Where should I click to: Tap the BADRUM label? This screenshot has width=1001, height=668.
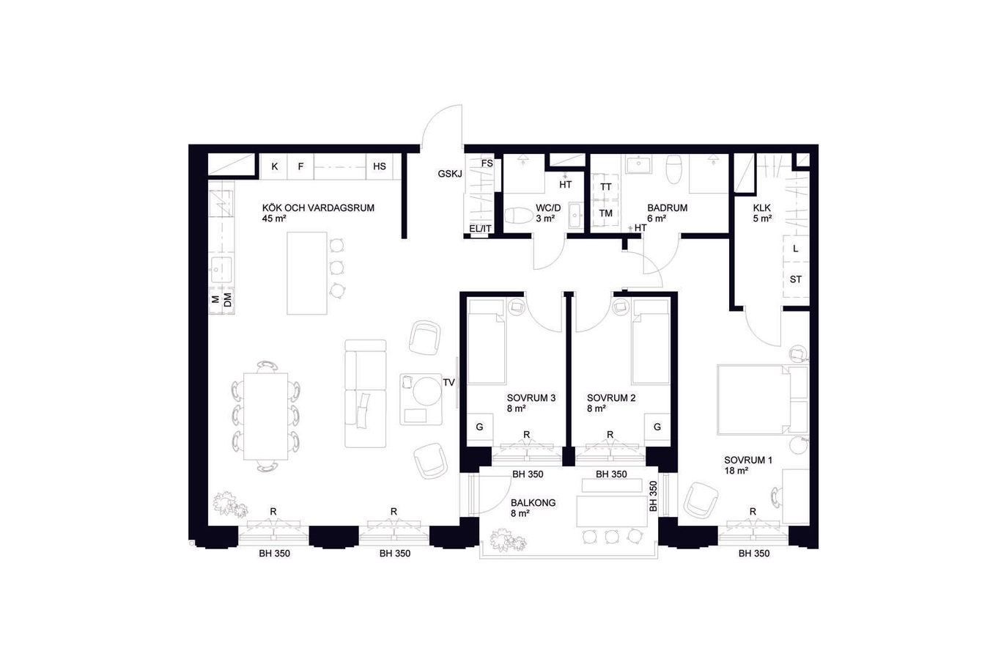pos(667,208)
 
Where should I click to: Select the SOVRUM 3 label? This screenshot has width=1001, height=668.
pos(531,398)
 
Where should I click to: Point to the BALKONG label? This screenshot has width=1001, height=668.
pos(533,502)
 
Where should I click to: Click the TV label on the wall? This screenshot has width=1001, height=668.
pos(448,383)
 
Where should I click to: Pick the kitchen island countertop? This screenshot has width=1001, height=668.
pos(307,274)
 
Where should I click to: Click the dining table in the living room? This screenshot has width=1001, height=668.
pos(265,416)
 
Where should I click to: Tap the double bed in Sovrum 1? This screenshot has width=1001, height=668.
pos(763,400)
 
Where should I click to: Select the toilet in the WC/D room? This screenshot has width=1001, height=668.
pos(519,215)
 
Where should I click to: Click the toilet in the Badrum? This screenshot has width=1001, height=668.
pos(674,169)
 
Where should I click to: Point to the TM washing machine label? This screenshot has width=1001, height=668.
pos(605,213)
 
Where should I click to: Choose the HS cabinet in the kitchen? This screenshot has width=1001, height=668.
pos(380,166)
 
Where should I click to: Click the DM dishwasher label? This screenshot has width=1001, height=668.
pos(228,300)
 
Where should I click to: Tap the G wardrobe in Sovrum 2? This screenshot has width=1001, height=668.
pos(657,427)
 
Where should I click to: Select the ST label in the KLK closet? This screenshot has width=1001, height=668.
pos(795,280)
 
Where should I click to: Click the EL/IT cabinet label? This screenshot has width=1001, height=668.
pos(481,229)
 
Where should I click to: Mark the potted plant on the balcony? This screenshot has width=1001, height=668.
pos(508,540)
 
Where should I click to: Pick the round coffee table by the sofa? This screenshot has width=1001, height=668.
pos(427,392)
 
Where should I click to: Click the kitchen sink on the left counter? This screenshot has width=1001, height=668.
pos(221,270)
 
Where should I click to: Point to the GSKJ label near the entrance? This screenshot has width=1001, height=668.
pos(450,174)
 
